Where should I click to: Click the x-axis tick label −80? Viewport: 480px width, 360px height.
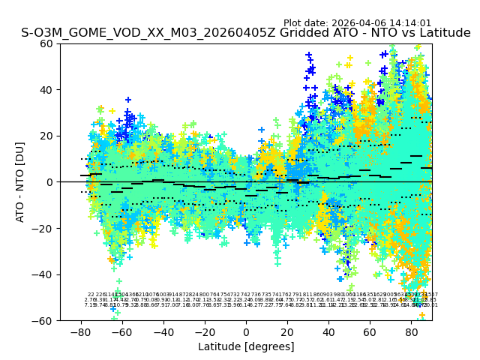pos(80,331)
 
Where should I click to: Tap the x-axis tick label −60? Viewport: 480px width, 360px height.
pos(121,331)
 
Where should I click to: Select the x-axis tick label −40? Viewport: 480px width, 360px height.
pos(163,331)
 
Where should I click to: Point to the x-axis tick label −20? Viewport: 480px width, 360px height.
pos(204,331)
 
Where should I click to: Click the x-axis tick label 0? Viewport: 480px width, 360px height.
pos(246,331)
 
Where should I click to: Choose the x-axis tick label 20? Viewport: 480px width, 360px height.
pos(287,331)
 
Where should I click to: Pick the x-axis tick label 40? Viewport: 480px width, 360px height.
pos(328,331)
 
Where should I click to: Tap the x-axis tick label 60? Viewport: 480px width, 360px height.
pos(370,331)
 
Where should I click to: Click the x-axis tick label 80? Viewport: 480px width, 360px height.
pos(411,331)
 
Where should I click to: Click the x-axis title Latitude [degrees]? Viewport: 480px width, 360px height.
pos(246,346)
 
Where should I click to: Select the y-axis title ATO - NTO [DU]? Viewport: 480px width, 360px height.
pos(20,182)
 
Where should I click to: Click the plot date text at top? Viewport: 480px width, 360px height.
pos(357,23)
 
